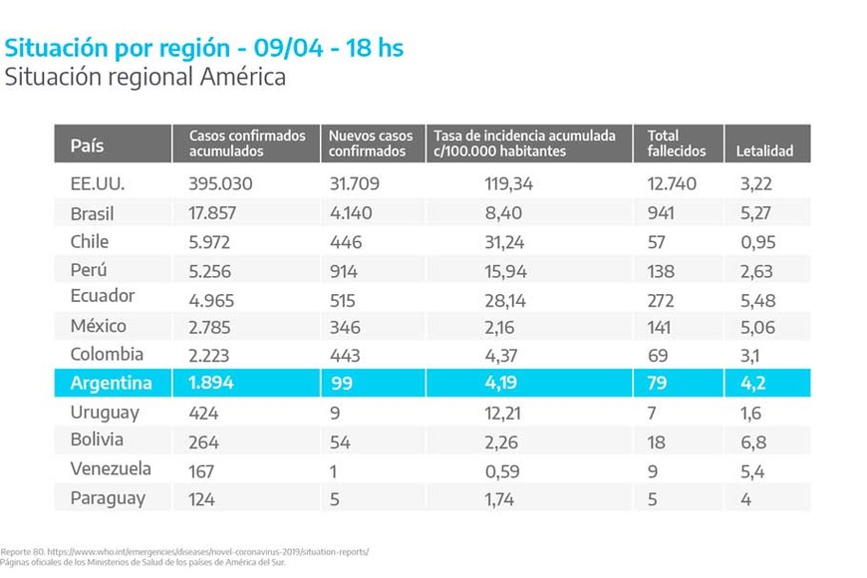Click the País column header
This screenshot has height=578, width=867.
(x=88, y=144)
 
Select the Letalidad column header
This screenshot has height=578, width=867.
(x=764, y=151)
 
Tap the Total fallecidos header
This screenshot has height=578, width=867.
(x=677, y=144)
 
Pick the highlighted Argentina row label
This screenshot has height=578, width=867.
(x=111, y=384)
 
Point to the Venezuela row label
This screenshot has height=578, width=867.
(x=111, y=469)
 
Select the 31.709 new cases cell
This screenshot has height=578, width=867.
(x=358, y=184)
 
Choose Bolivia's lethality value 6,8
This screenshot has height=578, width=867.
(x=752, y=441)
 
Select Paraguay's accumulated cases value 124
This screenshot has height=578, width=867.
(x=201, y=498)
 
